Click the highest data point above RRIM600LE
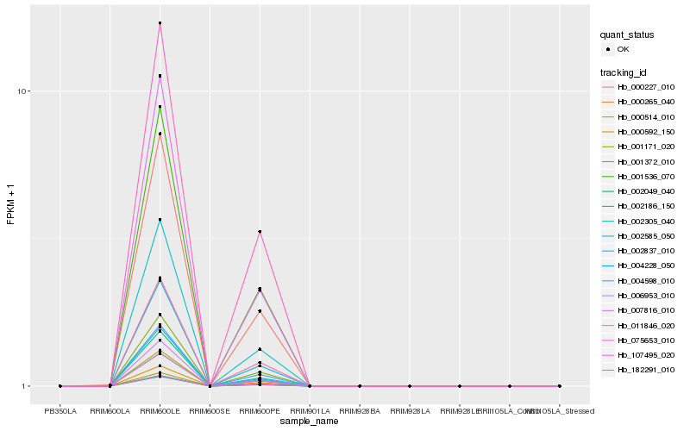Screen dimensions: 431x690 [x=160, y=23]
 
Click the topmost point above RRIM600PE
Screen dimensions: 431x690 [x=260, y=232]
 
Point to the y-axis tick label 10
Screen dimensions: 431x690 [x=25, y=91]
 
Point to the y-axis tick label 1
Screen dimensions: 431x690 [x=28, y=386]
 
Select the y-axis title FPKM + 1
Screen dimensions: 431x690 [x=10, y=203]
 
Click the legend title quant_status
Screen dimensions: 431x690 [x=627, y=34]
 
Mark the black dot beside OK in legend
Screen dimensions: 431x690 [x=608, y=49]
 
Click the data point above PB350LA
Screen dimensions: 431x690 [x=60, y=386]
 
